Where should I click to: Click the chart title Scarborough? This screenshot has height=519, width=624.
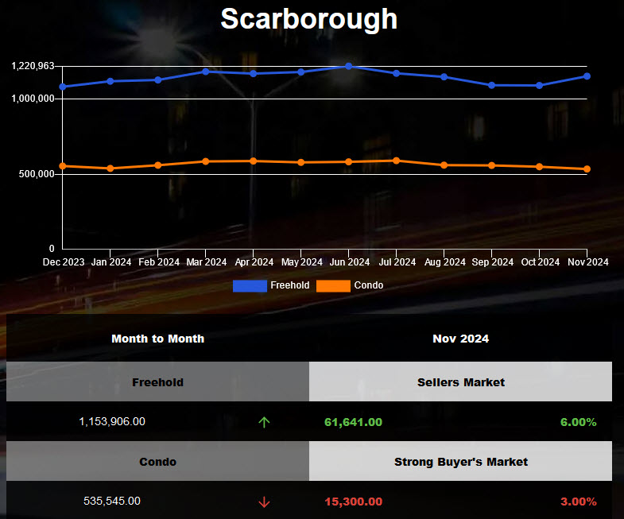[308, 18]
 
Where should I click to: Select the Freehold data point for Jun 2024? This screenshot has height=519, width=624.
[349, 66]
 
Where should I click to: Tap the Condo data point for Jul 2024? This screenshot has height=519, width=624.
[397, 161]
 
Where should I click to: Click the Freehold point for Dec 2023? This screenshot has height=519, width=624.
[63, 87]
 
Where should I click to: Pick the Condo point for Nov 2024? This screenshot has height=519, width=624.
[587, 169]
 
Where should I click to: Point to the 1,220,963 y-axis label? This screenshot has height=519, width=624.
[33, 66]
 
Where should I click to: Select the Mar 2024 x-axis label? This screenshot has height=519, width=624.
[205, 262]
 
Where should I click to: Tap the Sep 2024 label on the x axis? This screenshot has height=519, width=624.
[491, 262]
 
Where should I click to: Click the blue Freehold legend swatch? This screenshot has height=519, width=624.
[250, 285]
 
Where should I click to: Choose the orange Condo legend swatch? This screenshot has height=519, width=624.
[333, 285]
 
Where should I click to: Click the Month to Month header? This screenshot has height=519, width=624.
[157, 339]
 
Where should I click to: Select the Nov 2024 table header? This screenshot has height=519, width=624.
[460, 339]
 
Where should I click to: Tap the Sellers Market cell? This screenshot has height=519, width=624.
[460, 382]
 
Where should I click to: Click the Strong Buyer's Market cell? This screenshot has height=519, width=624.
[460, 462]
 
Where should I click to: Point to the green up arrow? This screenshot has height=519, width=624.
[264, 422]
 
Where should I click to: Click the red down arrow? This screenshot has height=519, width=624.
[264, 502]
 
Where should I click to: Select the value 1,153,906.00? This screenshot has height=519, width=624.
[112, 422]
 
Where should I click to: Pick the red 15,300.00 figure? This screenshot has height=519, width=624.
[354, 502]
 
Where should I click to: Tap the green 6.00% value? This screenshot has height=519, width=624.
[578, 422]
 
